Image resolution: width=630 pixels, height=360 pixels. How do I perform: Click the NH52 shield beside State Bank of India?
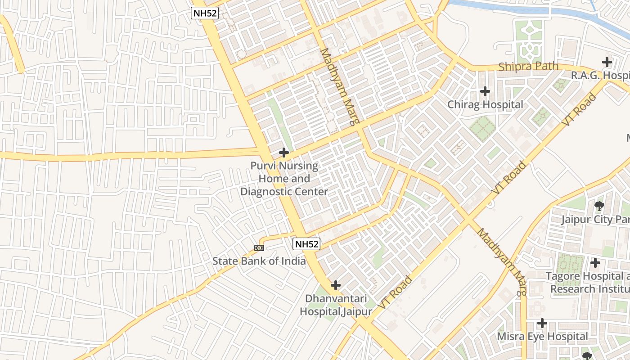point(306,244)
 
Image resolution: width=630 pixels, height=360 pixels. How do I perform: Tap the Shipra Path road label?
point(528,67)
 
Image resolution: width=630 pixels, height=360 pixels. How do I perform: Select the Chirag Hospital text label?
point(485,105)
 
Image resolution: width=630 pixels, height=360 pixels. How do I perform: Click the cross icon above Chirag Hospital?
point(485,91)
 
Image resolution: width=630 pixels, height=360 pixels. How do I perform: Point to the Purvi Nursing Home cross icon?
point(283,153)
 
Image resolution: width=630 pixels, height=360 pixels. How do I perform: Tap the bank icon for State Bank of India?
point(259,247)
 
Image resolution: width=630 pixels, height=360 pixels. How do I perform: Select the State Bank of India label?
point(259,261)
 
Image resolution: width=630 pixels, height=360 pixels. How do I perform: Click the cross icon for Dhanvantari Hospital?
point(335,285)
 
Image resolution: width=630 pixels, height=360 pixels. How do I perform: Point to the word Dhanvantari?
point(336,298)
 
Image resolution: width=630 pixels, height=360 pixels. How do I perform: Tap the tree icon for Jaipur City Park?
point(599,206)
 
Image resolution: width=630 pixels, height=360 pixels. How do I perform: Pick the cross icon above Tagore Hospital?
point(595,262)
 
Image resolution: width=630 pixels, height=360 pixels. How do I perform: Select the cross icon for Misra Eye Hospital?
point(542,323)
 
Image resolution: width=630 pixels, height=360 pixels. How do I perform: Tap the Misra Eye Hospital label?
point(542,337)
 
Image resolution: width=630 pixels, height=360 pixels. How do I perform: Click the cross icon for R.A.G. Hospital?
point(607,62)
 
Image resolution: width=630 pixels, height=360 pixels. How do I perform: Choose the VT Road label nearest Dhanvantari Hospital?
point(395,292)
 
